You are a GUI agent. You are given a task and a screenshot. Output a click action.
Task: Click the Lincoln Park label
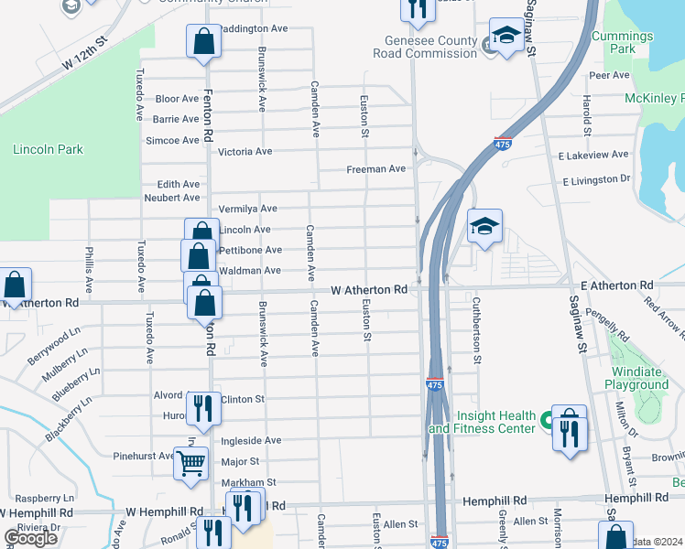pos(49,149)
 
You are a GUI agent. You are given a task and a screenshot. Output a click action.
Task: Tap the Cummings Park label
pos(622,42)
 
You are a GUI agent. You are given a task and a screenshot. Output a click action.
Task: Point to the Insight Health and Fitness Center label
pos(482,422)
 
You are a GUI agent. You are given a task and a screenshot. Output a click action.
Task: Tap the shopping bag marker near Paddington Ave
pos(203,41)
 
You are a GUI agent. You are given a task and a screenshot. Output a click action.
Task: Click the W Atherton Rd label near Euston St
pos(369,289)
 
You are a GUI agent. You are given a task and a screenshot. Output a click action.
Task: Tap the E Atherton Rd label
pos(621,286)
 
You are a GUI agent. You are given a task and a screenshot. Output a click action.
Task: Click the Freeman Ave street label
pos(375,169)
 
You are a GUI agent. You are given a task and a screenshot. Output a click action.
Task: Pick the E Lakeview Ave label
pos(595,156)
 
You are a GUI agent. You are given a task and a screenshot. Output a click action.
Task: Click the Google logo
pos(31,538)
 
